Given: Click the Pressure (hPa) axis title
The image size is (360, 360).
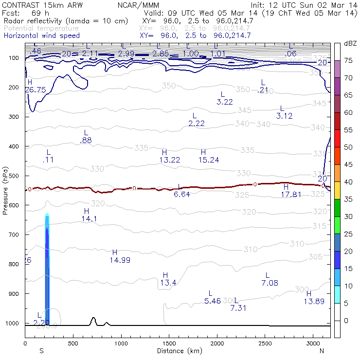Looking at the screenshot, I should [6, 189].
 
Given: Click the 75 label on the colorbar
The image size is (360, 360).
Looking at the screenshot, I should [348, 61].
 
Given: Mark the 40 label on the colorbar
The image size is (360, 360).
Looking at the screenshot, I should [348, 182].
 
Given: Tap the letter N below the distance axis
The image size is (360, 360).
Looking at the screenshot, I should [322, 351].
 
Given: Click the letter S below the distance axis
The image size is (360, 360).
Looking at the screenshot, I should [41, 351].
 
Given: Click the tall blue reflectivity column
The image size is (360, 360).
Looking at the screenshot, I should [47, 268].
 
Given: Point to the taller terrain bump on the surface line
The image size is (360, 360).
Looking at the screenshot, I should [93, 321].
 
